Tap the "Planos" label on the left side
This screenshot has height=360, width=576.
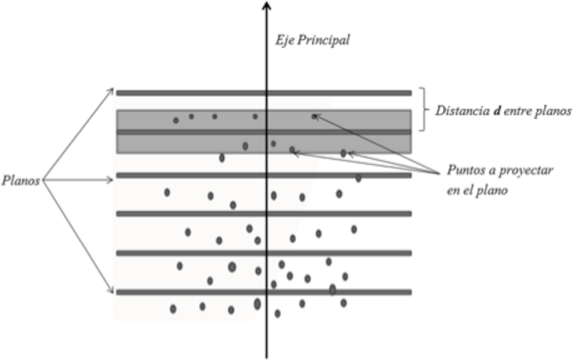(x=23, y=180)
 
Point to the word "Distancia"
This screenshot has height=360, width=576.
(x=461, y=111)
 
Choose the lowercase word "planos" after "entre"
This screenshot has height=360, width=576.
(x=553, y=111)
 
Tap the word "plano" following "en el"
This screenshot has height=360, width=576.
(x=493, y=189)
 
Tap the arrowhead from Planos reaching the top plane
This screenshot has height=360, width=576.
(x=112, y=91)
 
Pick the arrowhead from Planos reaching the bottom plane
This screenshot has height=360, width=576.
(x=112, y=290)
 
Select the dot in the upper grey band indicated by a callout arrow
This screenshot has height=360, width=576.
(x=314, y=115)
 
